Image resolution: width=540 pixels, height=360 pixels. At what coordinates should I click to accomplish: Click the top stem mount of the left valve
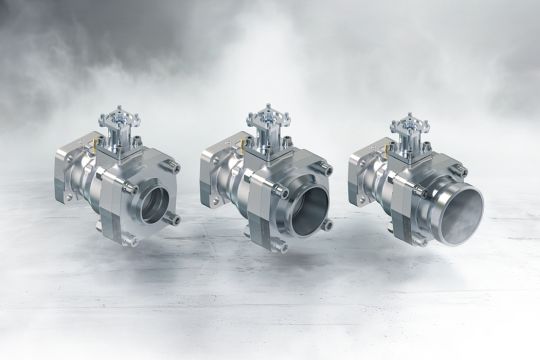point(118,124)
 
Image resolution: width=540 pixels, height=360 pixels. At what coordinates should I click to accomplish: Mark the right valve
point(415,190)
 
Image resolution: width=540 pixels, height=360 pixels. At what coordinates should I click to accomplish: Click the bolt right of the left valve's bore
point(176,218)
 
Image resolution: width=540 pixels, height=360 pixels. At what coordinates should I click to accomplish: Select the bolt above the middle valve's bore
point(324,169)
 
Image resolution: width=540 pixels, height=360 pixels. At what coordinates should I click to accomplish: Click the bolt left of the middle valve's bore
point(281,190)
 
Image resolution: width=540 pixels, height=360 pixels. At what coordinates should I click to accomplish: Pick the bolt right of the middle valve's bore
point(327,224)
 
